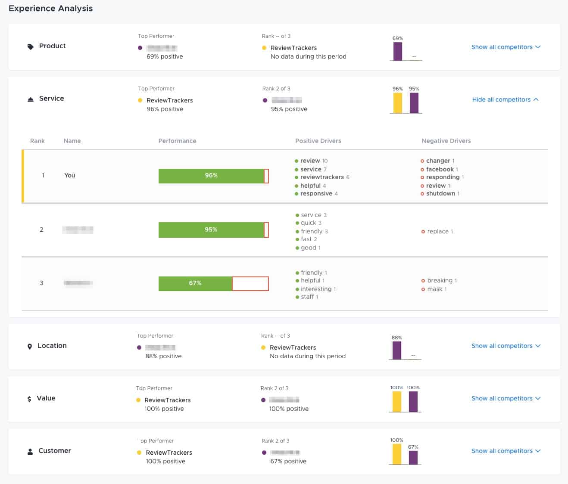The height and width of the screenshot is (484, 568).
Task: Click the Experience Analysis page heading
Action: click(50, 9)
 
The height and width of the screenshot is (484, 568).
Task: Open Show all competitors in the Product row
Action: click(506, 47)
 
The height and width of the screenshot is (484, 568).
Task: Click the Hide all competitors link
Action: click(505, 99)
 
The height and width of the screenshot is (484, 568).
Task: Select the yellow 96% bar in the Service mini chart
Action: click(397, 103)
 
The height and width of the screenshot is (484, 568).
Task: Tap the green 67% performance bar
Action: click(195, 283)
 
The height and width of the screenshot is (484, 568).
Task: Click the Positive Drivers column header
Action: click(318, 141)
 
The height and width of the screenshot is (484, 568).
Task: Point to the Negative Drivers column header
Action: click(446, 141)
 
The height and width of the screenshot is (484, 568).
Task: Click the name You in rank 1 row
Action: click(69, 175)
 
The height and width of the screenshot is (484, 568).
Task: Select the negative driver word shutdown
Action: click(440, 194)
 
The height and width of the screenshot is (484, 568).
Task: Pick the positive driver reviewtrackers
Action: click(322, 177)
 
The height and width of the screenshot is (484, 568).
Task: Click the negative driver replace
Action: click(437, 232)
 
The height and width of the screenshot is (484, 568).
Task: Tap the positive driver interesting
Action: click(316, 289)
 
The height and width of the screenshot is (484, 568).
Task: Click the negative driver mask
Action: click(434, 289)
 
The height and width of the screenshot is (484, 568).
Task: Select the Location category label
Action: click(52, 346)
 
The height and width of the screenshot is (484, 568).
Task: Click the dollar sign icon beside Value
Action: click(29, 399)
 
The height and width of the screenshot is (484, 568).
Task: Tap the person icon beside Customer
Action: click(30, 452)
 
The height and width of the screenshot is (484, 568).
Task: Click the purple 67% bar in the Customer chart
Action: click(413, 457)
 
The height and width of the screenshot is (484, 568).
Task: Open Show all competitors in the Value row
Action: click(506, 398)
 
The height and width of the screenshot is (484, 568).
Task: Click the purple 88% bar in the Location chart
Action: click(396, 350)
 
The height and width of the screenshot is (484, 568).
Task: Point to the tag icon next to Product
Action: click(30, 47)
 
